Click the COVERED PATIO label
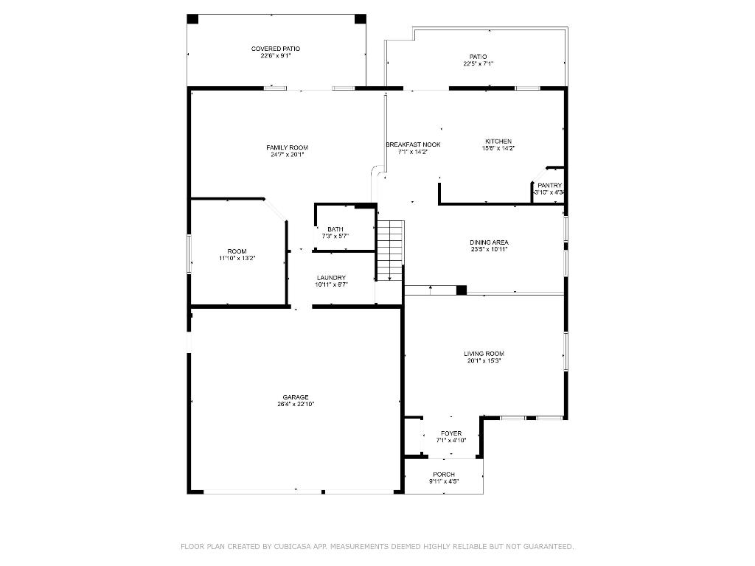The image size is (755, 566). [275, 49]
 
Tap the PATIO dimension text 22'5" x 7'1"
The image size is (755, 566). [478, 64]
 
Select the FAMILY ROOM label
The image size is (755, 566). [287, 147]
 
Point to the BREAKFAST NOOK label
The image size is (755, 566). [413, 144]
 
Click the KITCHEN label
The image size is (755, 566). [498, 141]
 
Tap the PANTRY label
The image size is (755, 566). [549, 186]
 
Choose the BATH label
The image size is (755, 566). [335, 229]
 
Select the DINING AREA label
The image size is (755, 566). [489, 242]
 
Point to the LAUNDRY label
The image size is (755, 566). [331, 278]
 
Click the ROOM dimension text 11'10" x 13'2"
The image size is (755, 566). [237, 259]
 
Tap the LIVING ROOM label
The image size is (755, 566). [484, 354]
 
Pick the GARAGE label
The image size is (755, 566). [296, 397]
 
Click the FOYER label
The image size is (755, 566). [450, 433]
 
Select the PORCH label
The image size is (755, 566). [444, 475]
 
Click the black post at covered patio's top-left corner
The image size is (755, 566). [192, 19]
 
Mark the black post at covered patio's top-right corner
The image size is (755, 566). [361, 19]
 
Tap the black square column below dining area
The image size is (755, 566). [461, 290]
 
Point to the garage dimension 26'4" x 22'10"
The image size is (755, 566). [296, 404]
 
